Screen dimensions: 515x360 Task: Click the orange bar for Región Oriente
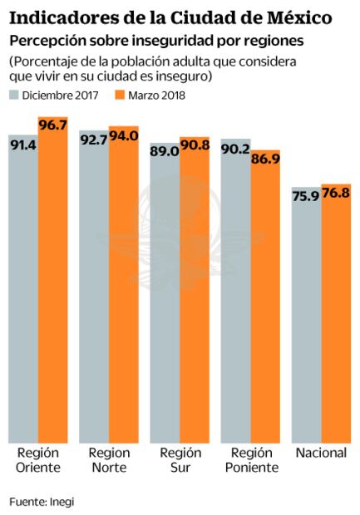point(52,291)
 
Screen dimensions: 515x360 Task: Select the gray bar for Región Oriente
point(23,299)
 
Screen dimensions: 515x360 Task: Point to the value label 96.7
point(52,125)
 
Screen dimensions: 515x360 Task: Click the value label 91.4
point(23,143)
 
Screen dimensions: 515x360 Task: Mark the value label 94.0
point(123,135)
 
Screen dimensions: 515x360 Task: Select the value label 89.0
point(165,150)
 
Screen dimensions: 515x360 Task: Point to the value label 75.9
point(307,196)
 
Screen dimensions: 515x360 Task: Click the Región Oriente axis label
point(37,459)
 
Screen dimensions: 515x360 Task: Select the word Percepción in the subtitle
point(42,40)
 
